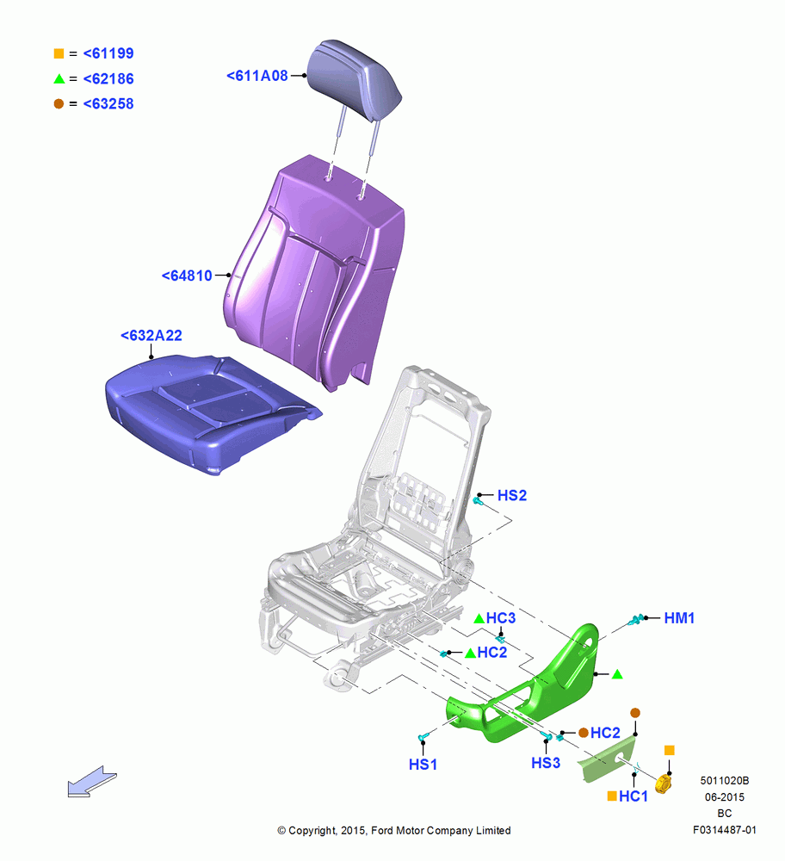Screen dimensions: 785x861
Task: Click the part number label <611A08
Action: (x=257, y=76)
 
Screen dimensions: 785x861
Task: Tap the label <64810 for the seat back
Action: (x=187, y=276)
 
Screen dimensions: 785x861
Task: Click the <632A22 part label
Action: (x=151, y=336)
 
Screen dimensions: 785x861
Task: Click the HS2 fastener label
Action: (x=511, y=495)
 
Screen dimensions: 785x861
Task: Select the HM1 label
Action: (x=679, y=618)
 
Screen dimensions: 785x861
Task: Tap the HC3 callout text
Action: (x=501, y=618)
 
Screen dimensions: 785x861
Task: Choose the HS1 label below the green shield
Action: (x=423, y=765)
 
